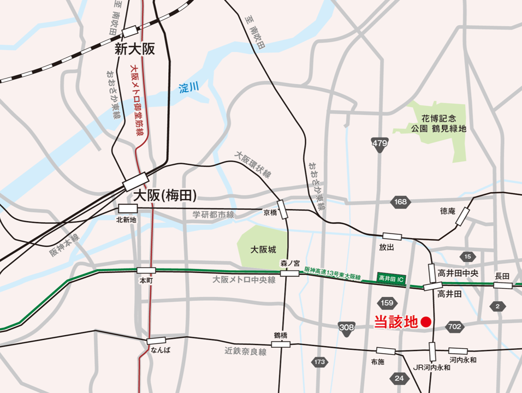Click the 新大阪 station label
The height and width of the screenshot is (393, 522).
(135, 49)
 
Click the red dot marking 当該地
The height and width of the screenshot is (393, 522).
(426, 322)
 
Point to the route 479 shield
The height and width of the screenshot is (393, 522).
(380, 144)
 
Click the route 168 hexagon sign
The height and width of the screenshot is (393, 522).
(400, 202)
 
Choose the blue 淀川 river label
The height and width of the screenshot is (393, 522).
(189, 87)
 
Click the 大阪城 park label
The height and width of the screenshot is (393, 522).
(263, 249)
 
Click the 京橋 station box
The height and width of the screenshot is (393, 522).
(282, 210)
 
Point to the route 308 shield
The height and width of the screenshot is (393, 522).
(347, 327)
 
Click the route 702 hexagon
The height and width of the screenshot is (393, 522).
(454, 327)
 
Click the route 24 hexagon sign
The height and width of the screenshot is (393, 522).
(400, 378)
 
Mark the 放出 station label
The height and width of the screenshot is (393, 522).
(387, 247)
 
